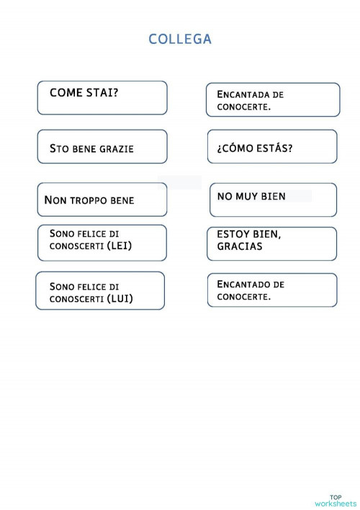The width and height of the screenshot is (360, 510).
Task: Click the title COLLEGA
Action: pyautogui.click(x=180, y=39)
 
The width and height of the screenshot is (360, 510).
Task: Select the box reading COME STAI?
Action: pyautogui.click(x=102, y=97)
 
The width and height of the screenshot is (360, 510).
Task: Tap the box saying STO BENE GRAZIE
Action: pyautogui.click(x=102, y=147)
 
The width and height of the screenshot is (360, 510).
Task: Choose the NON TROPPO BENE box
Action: pyautogui.click(x=102, y=200)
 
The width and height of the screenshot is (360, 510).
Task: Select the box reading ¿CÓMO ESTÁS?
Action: pyautogui.click(x=271, y=147)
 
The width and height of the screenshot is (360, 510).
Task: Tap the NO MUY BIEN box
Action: pyautogui.click(x=273, y=200)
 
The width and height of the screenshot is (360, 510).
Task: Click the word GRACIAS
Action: pyautogui.click(x=235, y=246)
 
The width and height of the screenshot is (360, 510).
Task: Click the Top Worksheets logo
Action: pyautogui.click(x=336, y=500)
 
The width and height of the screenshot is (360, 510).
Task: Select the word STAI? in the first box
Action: pyautogui.click(x=103, y=93)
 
